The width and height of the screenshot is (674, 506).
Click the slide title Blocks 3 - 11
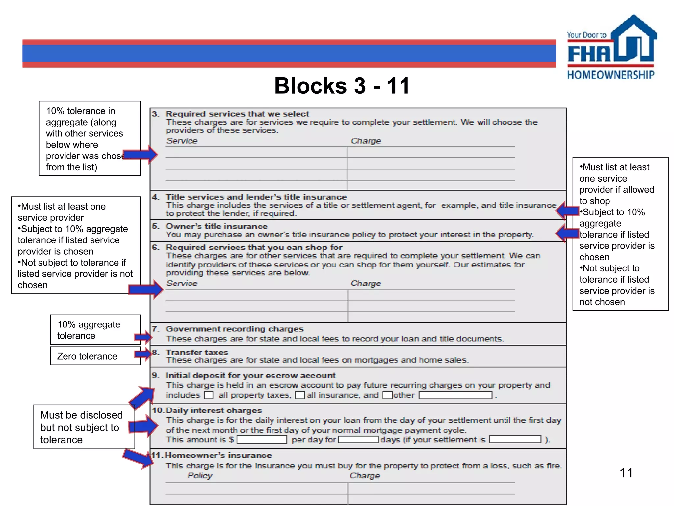click(342, 86)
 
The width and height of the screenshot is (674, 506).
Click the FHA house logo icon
click(633, 40)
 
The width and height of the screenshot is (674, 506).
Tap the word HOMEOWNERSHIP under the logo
click(610, 75)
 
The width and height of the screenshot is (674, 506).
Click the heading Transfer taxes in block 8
click(197, 352)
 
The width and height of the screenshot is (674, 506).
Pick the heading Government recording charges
click(234, 329)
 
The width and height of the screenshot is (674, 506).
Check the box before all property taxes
click(209, 395)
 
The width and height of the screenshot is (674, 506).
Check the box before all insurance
click(299, 395)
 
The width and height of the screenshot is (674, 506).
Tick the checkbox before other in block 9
click(387, 395)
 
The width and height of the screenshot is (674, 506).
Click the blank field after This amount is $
click(262, 440)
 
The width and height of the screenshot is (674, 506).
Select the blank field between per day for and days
click(358, 440)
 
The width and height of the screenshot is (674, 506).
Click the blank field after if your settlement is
click(515, 439)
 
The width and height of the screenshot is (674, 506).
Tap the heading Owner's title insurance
click(217, 226)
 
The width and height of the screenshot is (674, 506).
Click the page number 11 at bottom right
click(626, 473)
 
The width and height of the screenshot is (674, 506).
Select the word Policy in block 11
click(200, 476)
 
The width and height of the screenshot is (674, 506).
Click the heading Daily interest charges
click(214, 410)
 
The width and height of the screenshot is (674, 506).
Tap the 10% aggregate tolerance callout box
click(95, 330)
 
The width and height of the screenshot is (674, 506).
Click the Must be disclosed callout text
click(81, 427)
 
